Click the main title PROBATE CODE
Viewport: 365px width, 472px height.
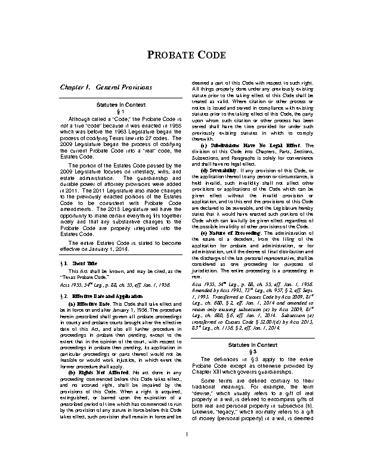tap(182, 55)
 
